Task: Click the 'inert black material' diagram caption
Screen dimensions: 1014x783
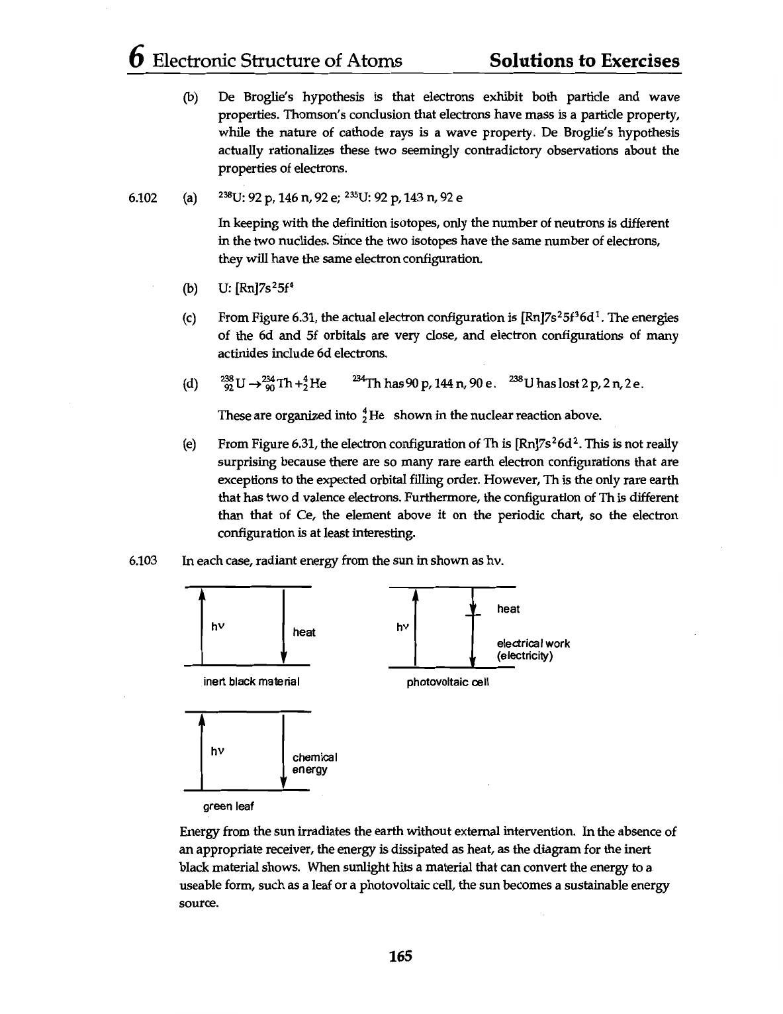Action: [252, 682]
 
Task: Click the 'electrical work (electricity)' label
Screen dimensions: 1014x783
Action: [533, 649]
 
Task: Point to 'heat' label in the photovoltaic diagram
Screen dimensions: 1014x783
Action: [508, 609]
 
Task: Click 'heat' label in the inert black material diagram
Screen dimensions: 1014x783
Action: [304, 632]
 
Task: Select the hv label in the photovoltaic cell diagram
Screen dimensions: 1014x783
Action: [402, 627]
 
